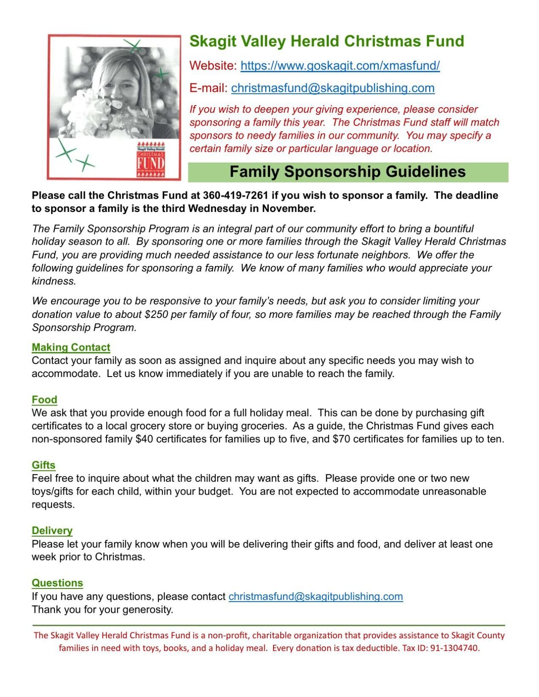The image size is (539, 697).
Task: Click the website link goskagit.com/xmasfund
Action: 340,66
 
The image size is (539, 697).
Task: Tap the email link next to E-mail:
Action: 332,88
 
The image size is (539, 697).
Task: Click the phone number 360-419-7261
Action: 235,195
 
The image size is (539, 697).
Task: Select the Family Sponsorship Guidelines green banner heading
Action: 348,172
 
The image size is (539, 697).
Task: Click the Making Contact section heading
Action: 71,347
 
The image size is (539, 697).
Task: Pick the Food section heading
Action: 44,400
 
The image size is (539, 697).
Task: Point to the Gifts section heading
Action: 43,465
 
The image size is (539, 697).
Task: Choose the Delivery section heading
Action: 52,531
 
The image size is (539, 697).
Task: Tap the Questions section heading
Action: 57,583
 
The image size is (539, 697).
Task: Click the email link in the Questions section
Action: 315,596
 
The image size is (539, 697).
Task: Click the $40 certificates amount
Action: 144,439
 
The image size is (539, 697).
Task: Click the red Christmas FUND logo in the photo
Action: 150,160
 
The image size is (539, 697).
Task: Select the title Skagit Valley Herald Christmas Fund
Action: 326,41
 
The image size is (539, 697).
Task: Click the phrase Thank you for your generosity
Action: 102,609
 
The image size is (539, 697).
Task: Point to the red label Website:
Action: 213,66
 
